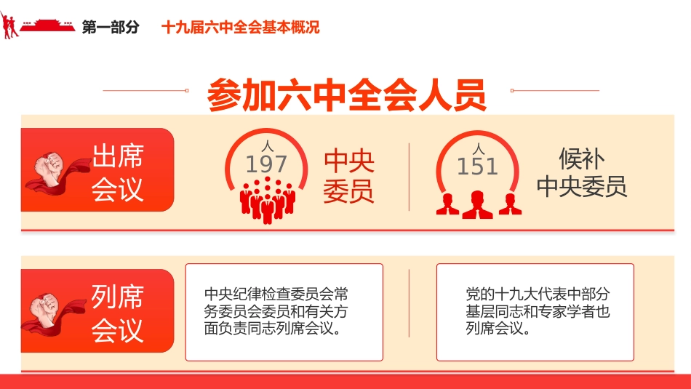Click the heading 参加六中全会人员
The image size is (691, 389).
point(346,95)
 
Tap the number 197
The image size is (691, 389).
point(265,164)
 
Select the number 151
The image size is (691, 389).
point(477,167)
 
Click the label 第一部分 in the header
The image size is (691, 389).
point(111,28)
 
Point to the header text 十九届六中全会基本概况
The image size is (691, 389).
point(241,28)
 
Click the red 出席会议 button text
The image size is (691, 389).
point(118,172)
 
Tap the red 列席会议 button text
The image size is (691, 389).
point(118,313)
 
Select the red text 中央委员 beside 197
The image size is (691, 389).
point(348,176)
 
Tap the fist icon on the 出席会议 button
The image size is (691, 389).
point(52,171)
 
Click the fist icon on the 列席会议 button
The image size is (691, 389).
point(52,312)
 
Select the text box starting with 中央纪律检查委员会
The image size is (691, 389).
point(284,312)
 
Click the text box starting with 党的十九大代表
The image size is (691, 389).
point(535,312)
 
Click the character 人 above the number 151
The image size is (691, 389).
point(477,150)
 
